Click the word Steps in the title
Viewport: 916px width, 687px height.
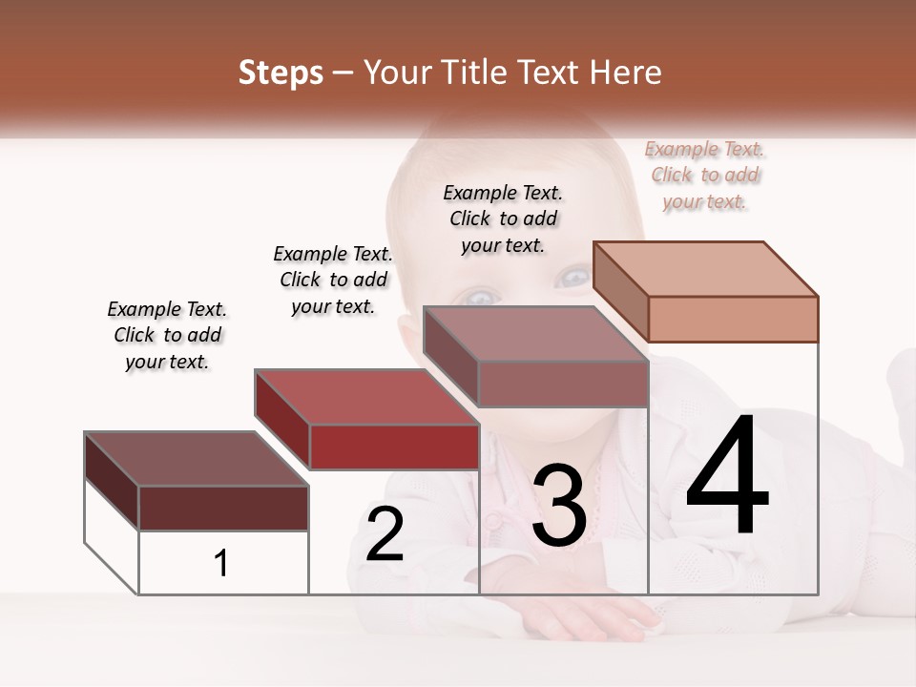coord(281,73)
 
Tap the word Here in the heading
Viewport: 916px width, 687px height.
coord(625,73)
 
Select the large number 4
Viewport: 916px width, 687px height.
coord(727,477)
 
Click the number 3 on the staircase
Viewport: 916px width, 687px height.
coord(558,507)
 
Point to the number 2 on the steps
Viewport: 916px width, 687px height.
coord(385,534)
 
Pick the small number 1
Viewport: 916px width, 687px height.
coord(221,564)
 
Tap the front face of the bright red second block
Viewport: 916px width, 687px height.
coord(394,447)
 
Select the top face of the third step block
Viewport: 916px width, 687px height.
coord(535,334)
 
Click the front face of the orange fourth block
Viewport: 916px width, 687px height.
coord(733,319)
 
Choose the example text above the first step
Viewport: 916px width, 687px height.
coord(167,335)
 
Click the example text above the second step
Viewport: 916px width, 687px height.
coord(333,280)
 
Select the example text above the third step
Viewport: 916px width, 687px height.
coord(503,219)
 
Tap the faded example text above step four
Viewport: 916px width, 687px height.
coord(705,175)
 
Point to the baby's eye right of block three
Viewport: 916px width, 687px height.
coord(574,278)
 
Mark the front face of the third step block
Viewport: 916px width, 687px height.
coord(563,385)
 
